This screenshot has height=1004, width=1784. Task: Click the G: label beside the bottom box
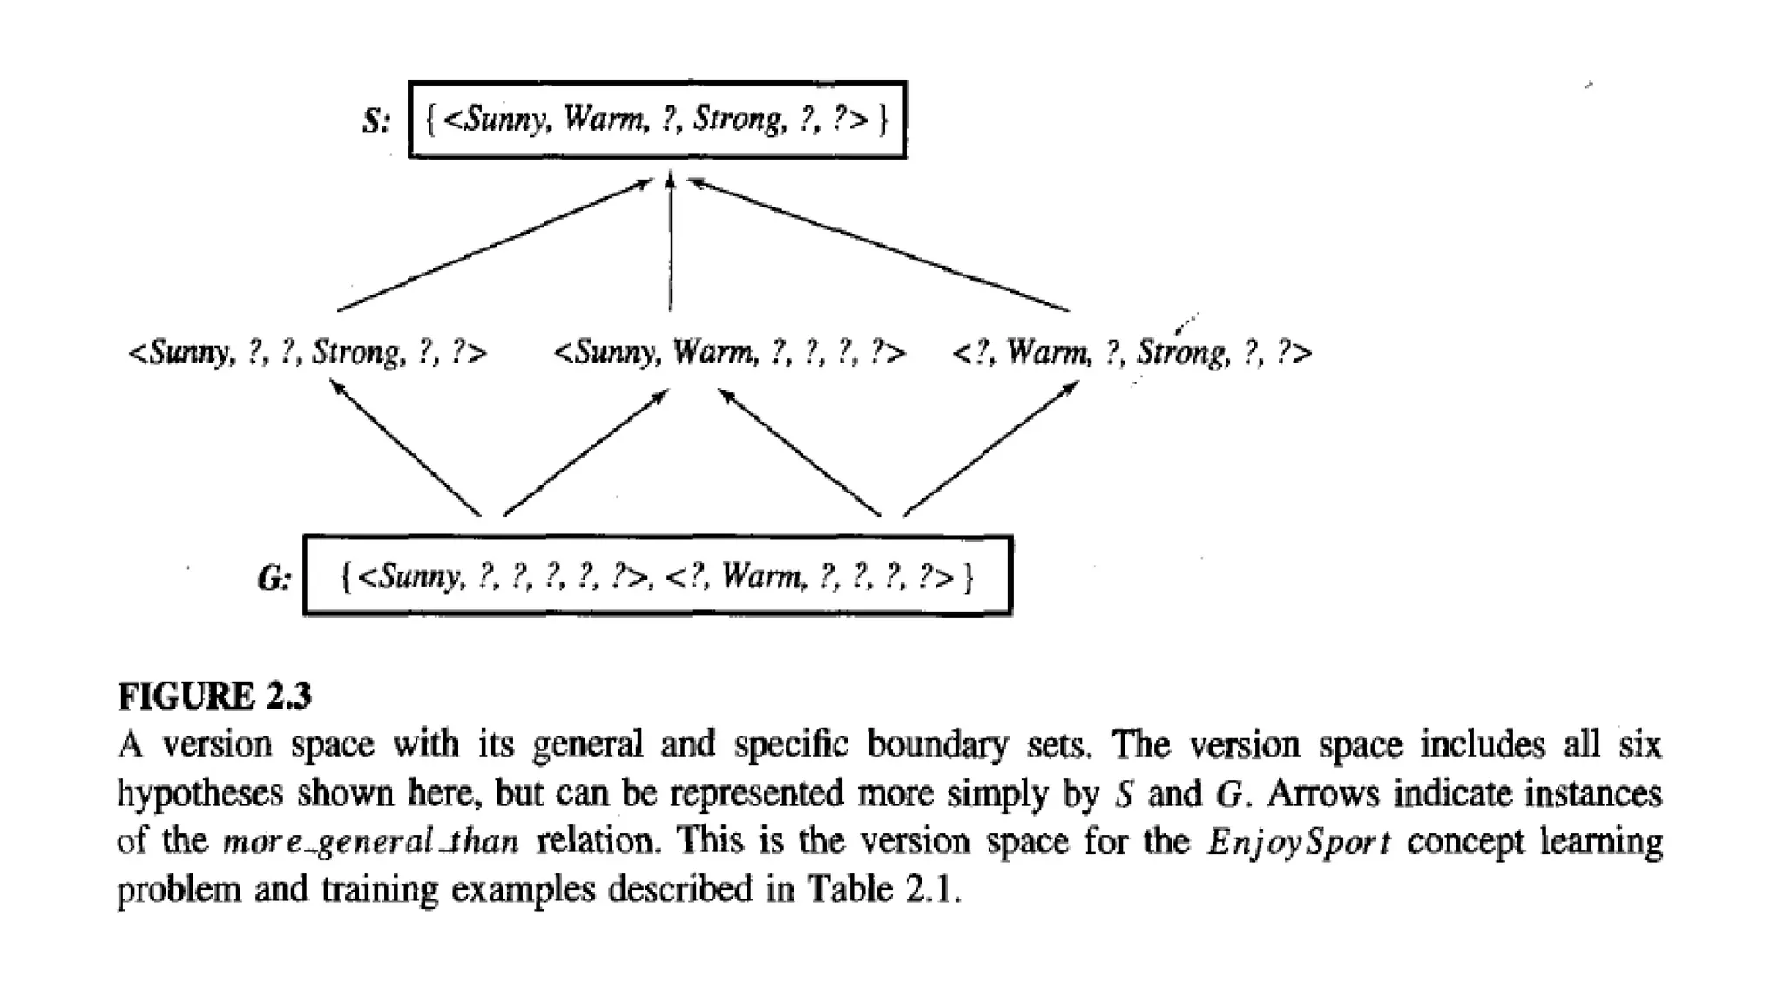point(274,578)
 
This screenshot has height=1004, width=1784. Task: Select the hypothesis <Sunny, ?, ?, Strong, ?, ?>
point(307,353)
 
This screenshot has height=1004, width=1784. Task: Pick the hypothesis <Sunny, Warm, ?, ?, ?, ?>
point(730,353)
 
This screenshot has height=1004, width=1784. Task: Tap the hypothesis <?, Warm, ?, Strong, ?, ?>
point(1132,353)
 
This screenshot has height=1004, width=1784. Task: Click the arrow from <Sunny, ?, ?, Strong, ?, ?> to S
point(495,245)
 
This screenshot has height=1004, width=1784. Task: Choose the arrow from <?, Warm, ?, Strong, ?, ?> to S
point(879,245)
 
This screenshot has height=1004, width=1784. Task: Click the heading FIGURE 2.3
point(215,696)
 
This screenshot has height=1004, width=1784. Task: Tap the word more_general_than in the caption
point(370,842)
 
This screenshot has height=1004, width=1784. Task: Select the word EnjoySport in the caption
point(1299,842)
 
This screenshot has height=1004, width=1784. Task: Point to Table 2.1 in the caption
point(883,890)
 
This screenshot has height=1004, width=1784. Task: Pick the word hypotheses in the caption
point(200,794)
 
